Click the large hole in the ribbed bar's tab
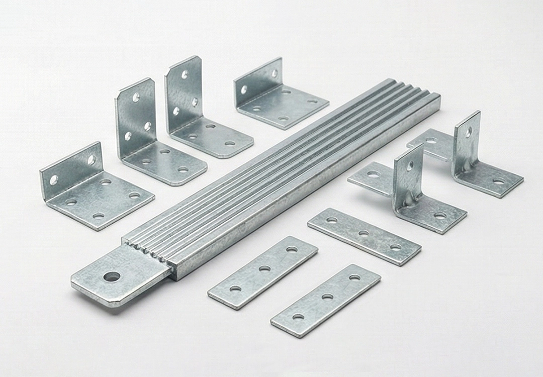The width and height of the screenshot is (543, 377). pyautogui.click(x=112, y=276)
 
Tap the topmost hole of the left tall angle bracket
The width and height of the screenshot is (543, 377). pyautogui.click(x=136, y=98)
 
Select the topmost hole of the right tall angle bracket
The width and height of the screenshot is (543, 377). pyautogui.click(x=185, y=75)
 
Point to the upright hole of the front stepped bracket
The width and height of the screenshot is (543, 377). pyautogui.click(x=410, y=165)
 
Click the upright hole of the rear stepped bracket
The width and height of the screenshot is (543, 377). pyautogui.click(x=468, y=132)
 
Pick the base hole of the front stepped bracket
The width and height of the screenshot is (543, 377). pyautogui.click(x=440, y=216)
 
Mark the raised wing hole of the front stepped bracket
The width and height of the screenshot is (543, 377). pyautogui.click(x=373, y=174)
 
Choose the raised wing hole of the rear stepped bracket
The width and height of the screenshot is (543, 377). pyautogui.click(x=431, y=140)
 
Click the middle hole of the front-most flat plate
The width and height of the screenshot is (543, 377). pyautogui.click(x=327, y=297)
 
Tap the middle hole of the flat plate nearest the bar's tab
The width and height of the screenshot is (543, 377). pyautogui.click(x=264, y=268)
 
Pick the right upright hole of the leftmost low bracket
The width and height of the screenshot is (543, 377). pyautogui.click(x=92, y=160)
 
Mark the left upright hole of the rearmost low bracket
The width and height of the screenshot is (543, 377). pyautogui.click(x=244, y=90)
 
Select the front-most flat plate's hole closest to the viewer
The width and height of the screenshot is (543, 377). pyautogui.click(x=298, y=317)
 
